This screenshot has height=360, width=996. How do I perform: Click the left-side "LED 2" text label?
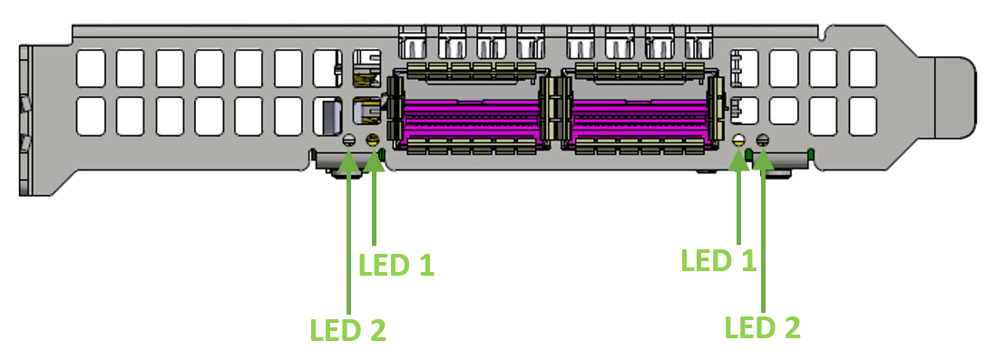pyautogui.click(x=348, y=329)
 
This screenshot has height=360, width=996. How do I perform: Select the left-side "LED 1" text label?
pyautogui.click(x=396, y=265)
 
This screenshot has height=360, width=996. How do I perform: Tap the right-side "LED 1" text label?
pyautogui.click(x=718, y=261)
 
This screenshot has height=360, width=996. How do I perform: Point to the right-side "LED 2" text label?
pyautogui.click(x=762, y=327)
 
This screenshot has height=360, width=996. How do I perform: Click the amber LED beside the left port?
pyautogui.click(x=370, y=141)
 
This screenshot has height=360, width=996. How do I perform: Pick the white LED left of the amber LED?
pyautogui.click(x=349, y=141)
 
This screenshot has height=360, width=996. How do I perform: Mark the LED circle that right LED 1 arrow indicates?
pyautogui.click(x=739, y=141)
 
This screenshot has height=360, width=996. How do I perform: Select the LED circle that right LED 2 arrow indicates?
pyautogui.click(x=762, y=141)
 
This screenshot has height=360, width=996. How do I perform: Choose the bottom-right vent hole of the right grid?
pyautogui.click(x=862, y=115)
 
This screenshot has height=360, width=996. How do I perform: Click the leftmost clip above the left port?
pyautogui.click(x=412, y=42)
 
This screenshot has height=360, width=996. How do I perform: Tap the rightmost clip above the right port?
pyautogui.click(x=698, y=42)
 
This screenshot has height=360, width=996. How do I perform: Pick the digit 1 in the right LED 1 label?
pyautogui.click(x=747, y=261)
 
